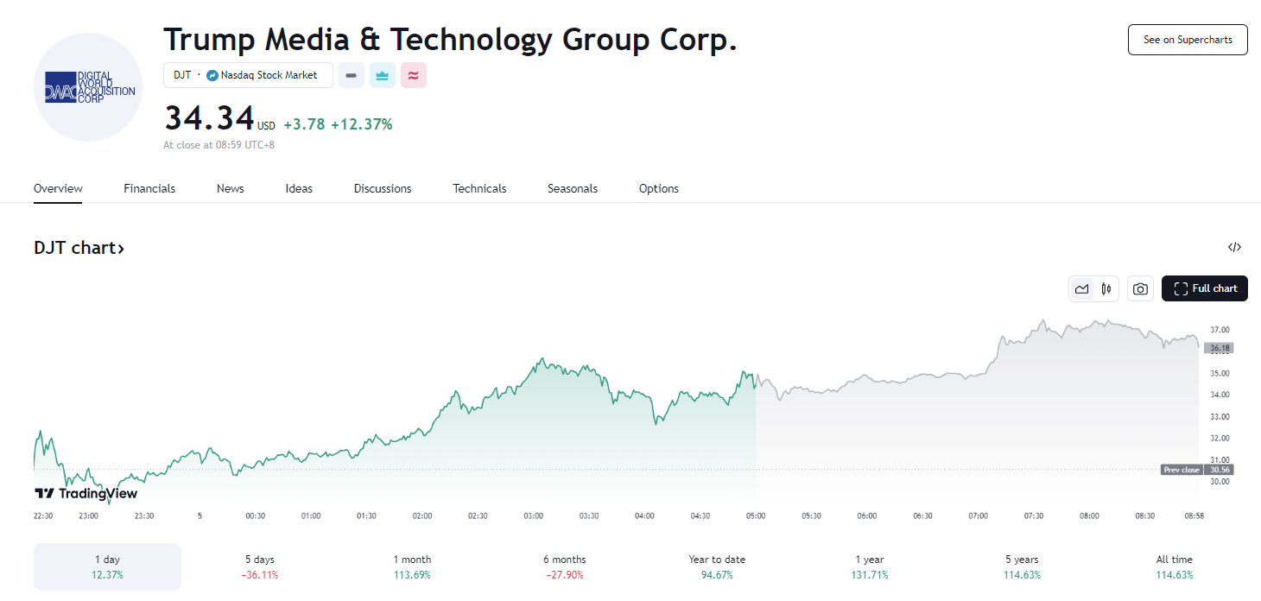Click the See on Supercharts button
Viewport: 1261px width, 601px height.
[x=1188, y=40]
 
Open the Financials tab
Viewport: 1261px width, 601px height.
[x=149, y=188]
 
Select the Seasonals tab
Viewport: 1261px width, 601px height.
[x=573, y=188]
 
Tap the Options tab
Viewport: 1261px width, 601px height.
[x=659, y=188]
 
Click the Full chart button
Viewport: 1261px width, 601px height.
[x=1205, y=288]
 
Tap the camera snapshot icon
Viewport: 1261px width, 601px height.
[x=1140, y=289]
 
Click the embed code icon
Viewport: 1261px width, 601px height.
[x=1234, y=248]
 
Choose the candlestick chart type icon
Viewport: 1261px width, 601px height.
[x=1106, y=289]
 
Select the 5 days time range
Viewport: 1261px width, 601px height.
[x=259, y=566]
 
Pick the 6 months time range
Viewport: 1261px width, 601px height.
[x=564, y=566]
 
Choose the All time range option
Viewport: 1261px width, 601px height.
[x=1174, y=566]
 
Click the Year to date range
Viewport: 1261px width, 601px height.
[x=717, y=566]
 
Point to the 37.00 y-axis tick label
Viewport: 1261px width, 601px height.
[x=1220, y=330]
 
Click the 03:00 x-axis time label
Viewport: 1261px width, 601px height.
[x=534, y=516]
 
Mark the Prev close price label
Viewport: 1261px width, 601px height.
[x=1182, y=470]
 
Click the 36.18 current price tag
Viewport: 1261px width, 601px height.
[x=1220, y=348]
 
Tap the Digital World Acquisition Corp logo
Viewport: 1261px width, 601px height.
[x=88, y=87]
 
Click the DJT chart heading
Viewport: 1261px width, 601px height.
[x=79, y=248]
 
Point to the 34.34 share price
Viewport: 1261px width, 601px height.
[x=210, y=119]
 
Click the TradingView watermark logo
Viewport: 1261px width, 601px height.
[x=86, y=494]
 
